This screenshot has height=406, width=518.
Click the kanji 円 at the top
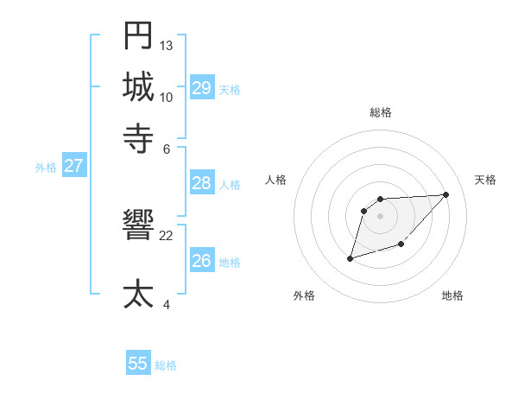(x=138, y=35)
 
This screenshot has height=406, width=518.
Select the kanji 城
(x=138, y=86)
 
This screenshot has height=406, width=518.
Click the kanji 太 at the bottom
(x=138, y=295)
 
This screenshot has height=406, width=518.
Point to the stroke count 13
(x=167, y=45)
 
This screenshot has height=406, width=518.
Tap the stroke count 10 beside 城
(x=167, y=97)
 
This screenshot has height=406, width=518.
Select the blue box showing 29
(x=201, y=88)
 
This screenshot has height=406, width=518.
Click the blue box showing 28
(x=201, y=183)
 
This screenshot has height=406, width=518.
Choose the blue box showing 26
(x=201, y=261)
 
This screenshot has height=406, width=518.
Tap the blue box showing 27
(x=73, y=166)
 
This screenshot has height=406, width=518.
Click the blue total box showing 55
(x=138, y=364)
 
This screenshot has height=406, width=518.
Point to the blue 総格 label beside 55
(x=166, y=365)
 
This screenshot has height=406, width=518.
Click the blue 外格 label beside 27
(x=45, y=168)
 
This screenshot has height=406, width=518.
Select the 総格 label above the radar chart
(x=380, y=113)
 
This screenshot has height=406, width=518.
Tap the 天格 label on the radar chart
(x=485, y=180)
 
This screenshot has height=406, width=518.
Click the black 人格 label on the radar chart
(x=275, y=180)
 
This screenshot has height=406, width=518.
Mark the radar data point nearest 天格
(x=445, y=194)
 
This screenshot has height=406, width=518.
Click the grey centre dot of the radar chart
(x=380, y=215)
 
